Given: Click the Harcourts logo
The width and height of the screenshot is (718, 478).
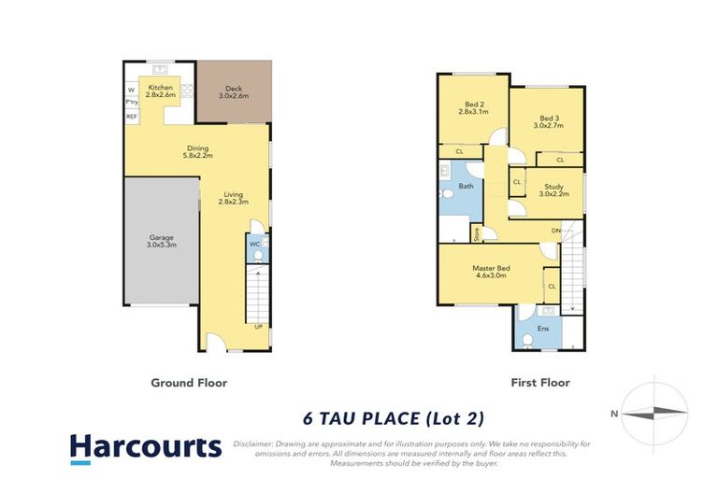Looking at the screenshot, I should coord(146,446).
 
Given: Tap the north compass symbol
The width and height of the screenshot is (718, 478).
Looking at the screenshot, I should coord(654,413).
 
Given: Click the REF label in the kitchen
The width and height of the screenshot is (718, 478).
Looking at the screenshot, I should coord(131,116).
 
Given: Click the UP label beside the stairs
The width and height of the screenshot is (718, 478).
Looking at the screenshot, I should coord(258,326).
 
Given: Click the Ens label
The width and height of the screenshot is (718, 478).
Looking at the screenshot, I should coord(543,329).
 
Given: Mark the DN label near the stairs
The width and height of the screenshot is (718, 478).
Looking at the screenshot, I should coord(555,231).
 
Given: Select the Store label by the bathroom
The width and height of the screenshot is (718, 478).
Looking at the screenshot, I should coord(476,233).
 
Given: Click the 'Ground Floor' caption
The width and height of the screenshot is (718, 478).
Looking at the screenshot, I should coord(189,382).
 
